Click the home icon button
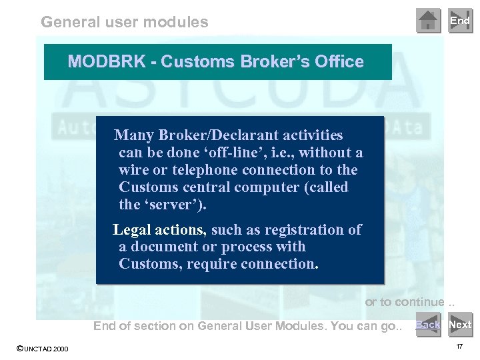coord(428,21)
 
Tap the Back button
coord(428,325)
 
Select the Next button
coord(460,325)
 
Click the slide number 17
coord(459,347)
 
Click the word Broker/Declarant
coord(214,136)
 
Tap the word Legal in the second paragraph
coord(133,230)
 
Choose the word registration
coord(304,230)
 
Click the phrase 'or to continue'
coord(405,302)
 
